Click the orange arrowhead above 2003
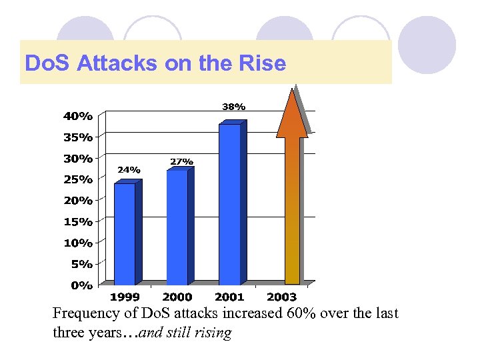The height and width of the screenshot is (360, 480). pyautogui.click(x=292, y=115)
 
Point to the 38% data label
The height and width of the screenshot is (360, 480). pyautogui.click(x=233, y=106)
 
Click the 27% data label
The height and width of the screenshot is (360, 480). pyautogui.click(x=182, y=161)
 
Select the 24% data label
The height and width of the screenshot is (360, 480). pyautogui.click(x=129, y=170)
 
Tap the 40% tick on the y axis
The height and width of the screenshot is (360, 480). pyautogui.click(x=78, y=116)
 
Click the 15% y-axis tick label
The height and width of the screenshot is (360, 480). pyautogui.click(x=78, y=221)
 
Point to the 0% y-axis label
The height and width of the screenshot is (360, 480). pyautogui.click(x=81, y=285)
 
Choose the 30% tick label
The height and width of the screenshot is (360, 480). pyautogui.click(x=78, y=159)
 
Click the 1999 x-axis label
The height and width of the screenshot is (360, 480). pyautogui.click(x=125, y=297)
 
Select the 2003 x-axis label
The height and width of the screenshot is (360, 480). pyautogui.click(x=281, y=297)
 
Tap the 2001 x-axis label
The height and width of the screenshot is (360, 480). pyautogui.click(x=229, y=297)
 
